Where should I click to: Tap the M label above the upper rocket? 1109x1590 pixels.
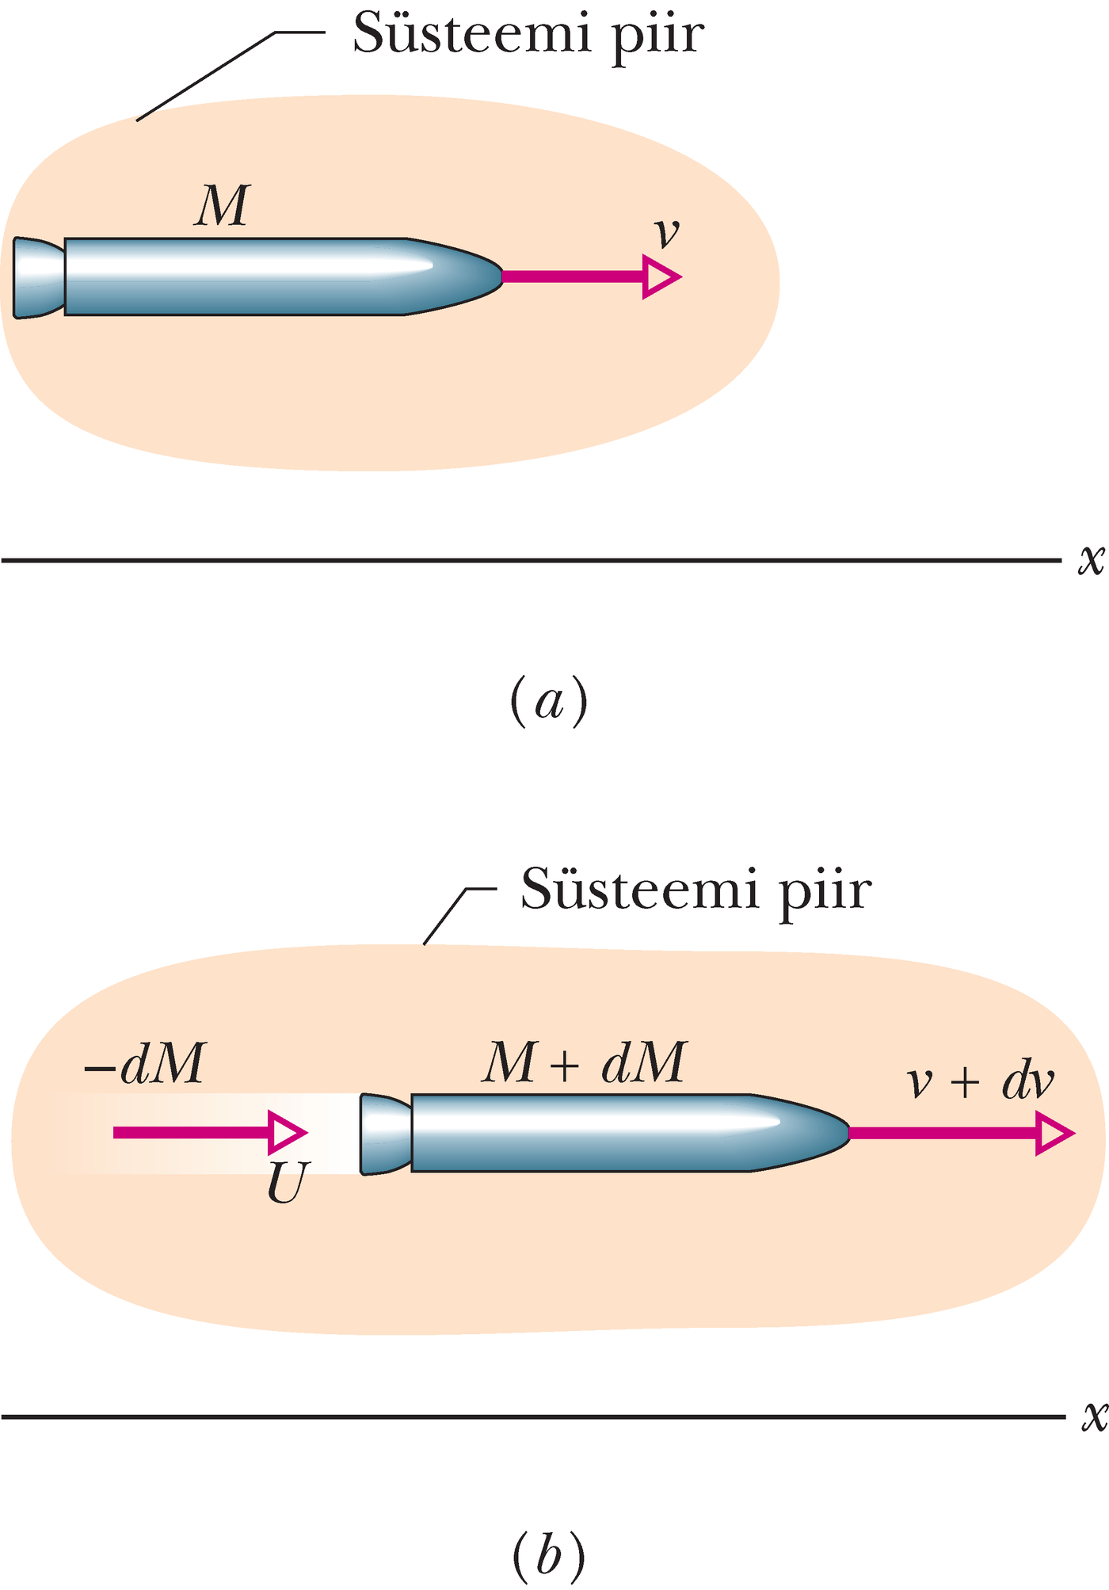coord(223,207)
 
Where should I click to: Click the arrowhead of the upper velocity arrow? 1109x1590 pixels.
coord(661,276)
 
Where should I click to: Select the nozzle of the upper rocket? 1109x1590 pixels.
coord(38,277)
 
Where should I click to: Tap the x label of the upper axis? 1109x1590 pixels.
coord(1091,559)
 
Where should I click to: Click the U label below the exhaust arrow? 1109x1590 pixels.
coord(285,1184)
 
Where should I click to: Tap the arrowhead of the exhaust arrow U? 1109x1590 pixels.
coord(287,1133)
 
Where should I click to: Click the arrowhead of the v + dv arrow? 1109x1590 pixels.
coord(1054,1134)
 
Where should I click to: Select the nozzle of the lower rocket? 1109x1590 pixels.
coord(385,1134)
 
